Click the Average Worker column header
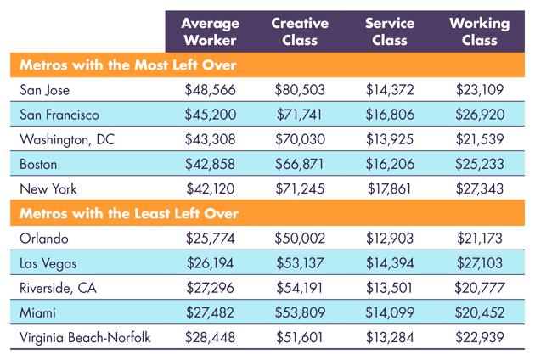[210, 31]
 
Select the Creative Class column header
[300, 31]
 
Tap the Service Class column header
[389, 31]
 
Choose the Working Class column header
[479, 31]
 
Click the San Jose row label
[44, 89]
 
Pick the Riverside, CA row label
[58, 288]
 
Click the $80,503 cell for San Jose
[301, 89]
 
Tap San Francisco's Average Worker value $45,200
[211, 114]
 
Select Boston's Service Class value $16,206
[391, 163]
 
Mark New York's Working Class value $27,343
[480, 188]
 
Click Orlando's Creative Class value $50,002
[301, 239]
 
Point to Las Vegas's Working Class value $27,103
[480, 263]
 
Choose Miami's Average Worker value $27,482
[211, 312]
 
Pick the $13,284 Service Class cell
[391, 337]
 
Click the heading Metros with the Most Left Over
[127, 65]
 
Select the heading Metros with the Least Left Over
[128, 213]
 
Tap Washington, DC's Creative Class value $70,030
[301, 138]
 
